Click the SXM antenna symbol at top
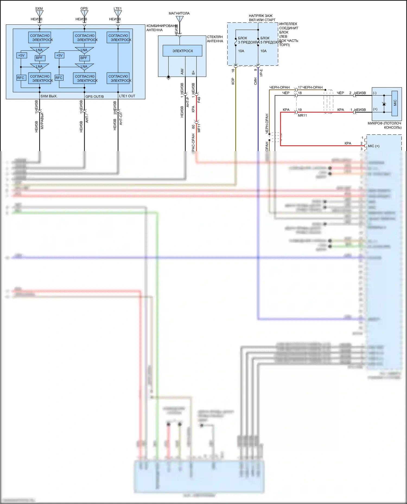[40, 14]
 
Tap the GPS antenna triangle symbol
[84, 14]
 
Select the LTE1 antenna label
[118, 8]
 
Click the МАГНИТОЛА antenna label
[179, 13]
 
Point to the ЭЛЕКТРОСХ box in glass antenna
[182, 51]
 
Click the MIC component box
[395, 103]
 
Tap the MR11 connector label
[302, 115]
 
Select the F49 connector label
[199, 100]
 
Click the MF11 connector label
[199, 128]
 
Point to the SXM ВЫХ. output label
[49, 96]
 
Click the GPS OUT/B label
[94, 96]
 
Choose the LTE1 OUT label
[127, 96]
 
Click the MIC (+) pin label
[374, 146]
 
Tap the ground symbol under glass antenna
[168, 78]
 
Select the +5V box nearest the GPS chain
[59, 56]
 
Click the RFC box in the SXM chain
[21, 78]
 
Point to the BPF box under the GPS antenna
[84, 58]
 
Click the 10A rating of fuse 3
[241, 51]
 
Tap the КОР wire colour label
[233, 81]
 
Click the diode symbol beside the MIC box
[384, 104]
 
